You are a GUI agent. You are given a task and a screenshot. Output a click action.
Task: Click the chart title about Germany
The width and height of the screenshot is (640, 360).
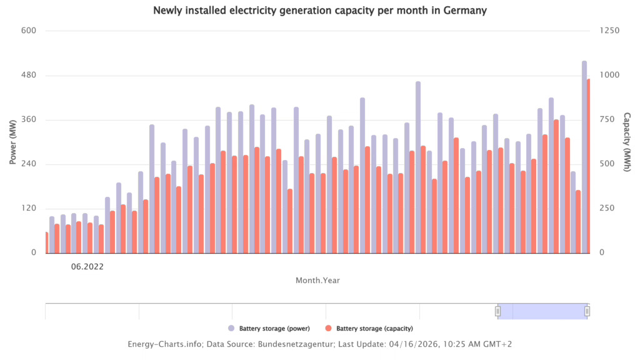[x=319, y=11]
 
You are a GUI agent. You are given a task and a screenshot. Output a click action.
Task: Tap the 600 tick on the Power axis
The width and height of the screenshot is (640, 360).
[x=29, y=31]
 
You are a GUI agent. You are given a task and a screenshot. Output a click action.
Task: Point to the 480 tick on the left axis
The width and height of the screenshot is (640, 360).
[x=29, y=75]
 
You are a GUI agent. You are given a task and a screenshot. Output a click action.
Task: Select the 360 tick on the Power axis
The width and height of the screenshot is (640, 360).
[x=29, y=119]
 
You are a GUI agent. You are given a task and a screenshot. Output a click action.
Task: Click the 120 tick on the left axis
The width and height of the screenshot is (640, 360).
[x=29, y=208]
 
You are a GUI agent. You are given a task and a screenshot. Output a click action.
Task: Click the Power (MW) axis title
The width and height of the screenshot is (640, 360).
[x=12, y=142]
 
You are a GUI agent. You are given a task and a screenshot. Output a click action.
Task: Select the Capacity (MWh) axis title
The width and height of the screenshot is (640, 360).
[x=627, y=142]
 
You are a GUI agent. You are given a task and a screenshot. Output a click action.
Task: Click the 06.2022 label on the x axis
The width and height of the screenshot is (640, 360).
[x=86, y=266]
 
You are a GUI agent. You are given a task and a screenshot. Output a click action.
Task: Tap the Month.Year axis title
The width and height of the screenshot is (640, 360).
[x=317, y=281]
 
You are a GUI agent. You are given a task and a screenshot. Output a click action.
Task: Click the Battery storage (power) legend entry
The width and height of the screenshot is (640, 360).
[x=269, y=328]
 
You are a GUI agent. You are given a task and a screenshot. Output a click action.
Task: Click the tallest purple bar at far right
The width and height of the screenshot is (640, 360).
[x=584, y=156]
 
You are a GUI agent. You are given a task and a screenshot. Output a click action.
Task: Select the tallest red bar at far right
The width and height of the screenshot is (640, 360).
[x=589, y=166]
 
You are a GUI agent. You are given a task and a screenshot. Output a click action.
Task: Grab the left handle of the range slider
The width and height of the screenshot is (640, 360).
[x=498, y=311]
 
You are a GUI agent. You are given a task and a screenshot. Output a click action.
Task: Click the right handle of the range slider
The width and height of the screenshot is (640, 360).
[x=587, y=311]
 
